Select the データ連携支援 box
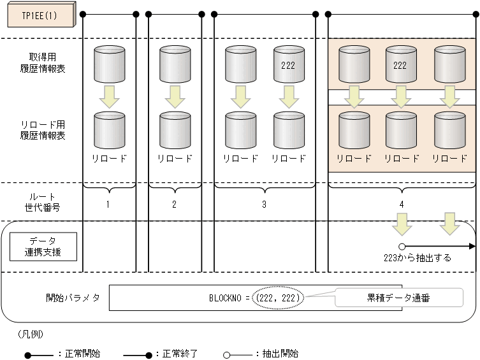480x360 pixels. pyautogui.click(x=43, y=246)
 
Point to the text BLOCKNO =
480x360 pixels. pyautogui.click(x=229, y=298)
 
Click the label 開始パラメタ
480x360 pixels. pyautogui.click(x=73, y=298)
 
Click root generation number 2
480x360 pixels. pyautogui.click(x=174, y=205)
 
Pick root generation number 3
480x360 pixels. pyautogui.click(x=264, y=205)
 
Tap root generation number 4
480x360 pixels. pyautogui.click(x=401, y=205)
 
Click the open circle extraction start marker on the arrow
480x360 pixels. pyautogui.click(x=402, y=246)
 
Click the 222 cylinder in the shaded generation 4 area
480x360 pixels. pyautogui.click(x=400, y=64)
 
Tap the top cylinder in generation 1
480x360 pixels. pyautogui.click(x=109, y=64)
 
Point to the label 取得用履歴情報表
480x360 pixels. pyautogui.click(x=43, y=64)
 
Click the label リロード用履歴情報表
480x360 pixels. pyautogui.click(x=43, y=130)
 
